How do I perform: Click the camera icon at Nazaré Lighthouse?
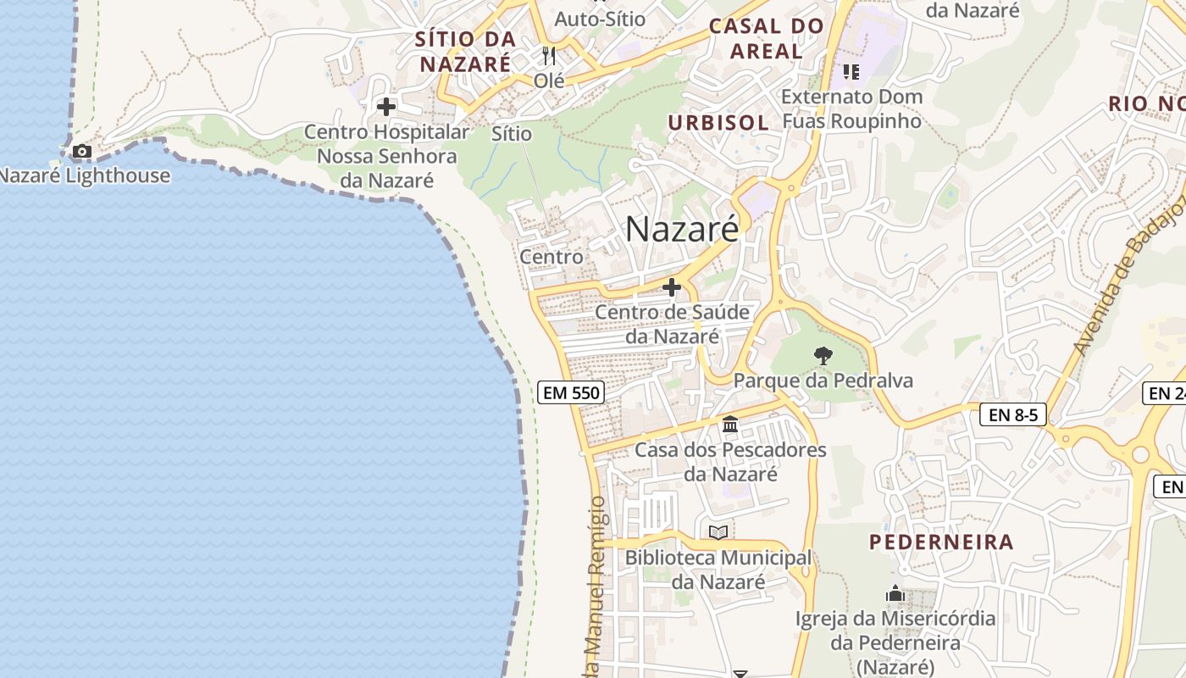tap(81, 152)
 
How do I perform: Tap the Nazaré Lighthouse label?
tap(84, 176)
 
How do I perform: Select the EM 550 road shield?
tap(570, 392)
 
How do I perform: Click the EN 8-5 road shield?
tap(1013, 414)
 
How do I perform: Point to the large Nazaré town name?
tap(682, 229)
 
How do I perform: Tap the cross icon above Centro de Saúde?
tap(672, 288)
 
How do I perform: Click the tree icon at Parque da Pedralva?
tap(822, 356)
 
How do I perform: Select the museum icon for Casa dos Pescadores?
tap(730, 424)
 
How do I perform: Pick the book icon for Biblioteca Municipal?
tap(718, 532)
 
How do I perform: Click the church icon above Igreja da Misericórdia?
tap(895, 594)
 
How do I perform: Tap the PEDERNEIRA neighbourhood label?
tap(941, 542)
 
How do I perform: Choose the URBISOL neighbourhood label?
tap(718, 123)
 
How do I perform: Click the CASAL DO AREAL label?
tap(766, 38)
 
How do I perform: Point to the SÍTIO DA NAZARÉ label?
tap(465, 51)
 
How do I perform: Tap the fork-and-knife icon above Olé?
tap(549, 56)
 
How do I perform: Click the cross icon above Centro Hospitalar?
tap(386, 107)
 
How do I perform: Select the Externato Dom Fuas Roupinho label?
tap(851, 108)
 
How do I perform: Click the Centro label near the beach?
tap(551, 257)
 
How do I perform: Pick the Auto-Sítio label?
tap(600, 19)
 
